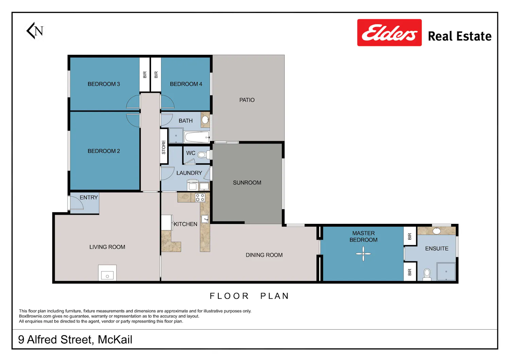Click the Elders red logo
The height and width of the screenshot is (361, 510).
[x=389, y=32]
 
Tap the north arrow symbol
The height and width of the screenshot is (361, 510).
[x=35, y=31]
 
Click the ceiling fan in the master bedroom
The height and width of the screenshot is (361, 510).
[x=363, y=254]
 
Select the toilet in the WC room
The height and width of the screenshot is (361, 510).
[x=204, y=155]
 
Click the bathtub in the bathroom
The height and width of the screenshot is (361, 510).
[x=197, y=137]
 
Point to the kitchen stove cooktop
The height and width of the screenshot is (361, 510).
[x=200, y=198]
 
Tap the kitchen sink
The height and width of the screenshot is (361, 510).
[x=205, y=219]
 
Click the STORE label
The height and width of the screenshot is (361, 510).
[x=164, y=147]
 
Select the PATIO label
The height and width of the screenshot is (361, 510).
[x=247, y=100]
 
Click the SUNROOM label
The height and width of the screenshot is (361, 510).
[x=247, y=183]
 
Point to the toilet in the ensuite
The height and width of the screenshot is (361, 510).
[x=427, y=275]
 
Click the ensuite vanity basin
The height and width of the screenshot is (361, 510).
[x=437, y=231]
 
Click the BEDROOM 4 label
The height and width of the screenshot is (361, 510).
[x=186, y=84]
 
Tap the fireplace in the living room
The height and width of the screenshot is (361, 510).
[x=107, y=273]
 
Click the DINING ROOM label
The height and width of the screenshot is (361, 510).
[x=264, y=255]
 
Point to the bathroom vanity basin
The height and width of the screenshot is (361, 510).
[x=205, y=120]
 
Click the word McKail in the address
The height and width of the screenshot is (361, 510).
[x=115, y=340]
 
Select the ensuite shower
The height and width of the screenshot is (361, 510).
[x=446, y=272]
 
